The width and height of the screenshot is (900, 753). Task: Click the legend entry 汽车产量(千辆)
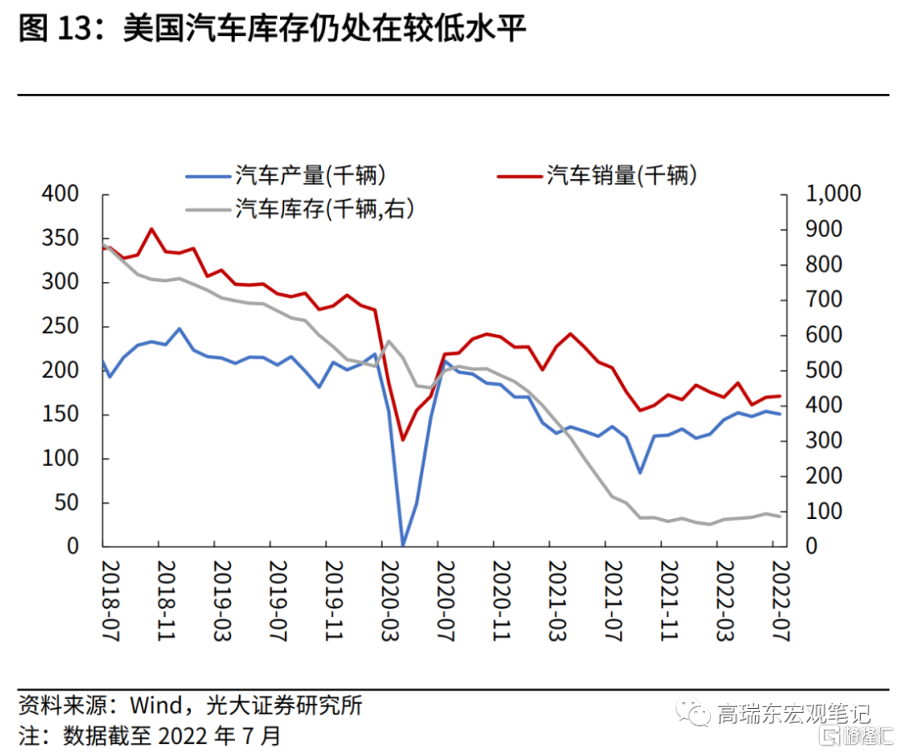310,176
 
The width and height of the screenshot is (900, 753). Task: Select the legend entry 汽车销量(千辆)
622,176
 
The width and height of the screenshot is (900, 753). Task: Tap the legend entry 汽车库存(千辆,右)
325,209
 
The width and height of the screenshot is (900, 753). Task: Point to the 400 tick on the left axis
61,194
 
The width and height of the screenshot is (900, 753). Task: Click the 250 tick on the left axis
61,327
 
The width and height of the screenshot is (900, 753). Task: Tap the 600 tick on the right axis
824,335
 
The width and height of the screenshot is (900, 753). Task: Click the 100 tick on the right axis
824,511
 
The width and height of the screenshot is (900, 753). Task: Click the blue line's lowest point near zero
402,545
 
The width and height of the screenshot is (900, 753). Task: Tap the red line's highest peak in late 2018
152,228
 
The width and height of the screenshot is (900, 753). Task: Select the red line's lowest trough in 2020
402,440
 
